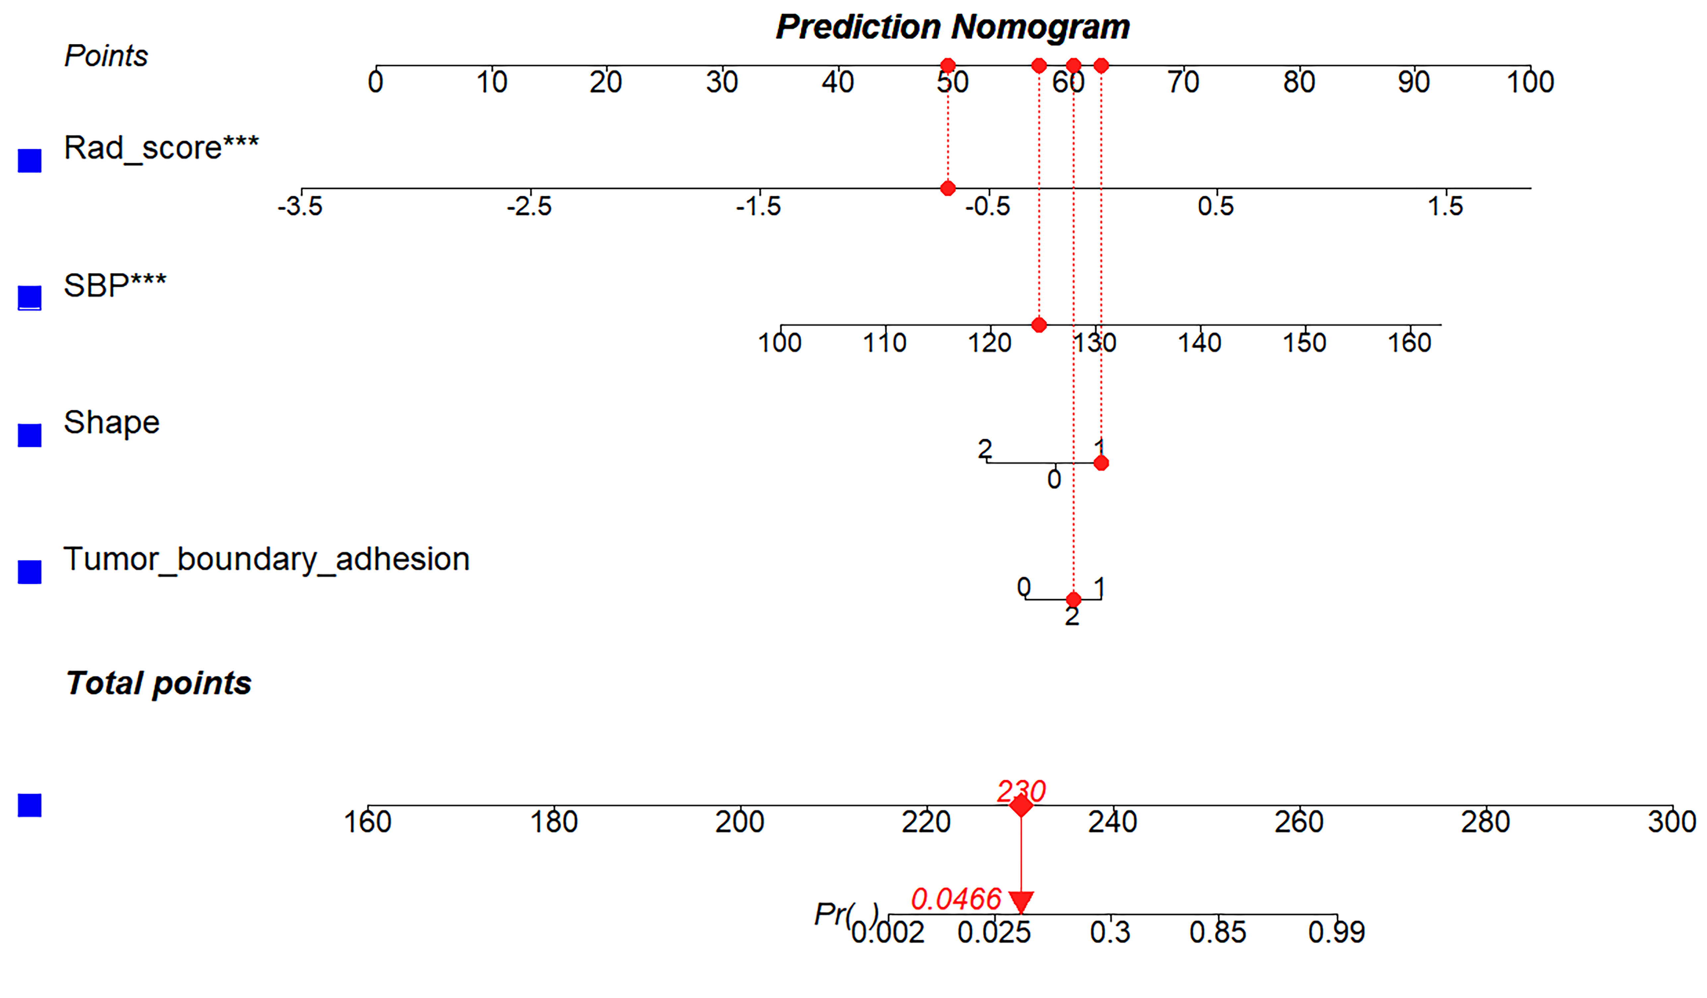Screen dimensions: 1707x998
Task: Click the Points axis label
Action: click(106, 56)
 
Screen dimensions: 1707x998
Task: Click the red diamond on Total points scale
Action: click(1021, 806)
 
